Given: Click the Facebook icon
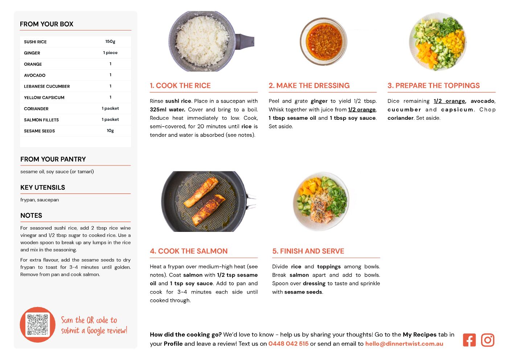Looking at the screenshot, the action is click(x=469, y=340).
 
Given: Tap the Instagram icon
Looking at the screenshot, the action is click(x=488, y=340).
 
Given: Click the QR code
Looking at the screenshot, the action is click(x=38, y=325).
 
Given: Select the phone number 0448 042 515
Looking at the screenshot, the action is click(x=288, y=344).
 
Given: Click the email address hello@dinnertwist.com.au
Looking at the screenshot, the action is click(x=404, y=344).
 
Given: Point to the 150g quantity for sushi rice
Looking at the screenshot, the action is click(x=110, y=42).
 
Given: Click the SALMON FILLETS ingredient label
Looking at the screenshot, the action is click(x=41, y=120).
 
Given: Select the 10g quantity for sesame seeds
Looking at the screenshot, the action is click(x=110, y=131).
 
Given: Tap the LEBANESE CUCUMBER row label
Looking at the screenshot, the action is click(x=47, y=86).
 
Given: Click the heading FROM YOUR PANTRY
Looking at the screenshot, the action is click(x=53, y=159).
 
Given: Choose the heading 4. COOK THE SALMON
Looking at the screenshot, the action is click(x=189, y=251).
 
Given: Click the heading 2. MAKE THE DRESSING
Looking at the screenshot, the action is click(x=309, y=85).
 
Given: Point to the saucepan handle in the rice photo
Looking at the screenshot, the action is click(x=245, y=41).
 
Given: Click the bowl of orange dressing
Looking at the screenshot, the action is click(x=324, y=41).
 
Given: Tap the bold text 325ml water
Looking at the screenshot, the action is click(x=168, y=110).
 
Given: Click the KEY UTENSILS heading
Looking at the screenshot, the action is click(x=43, y=188).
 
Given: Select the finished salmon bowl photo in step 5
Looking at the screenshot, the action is click(x=321, y=201).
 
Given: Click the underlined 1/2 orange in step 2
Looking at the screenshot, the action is click(x=362, y=110).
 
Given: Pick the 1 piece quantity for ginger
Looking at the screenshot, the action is click(x=110, y=53).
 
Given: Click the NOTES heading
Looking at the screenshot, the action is click(x=31, y=216).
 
